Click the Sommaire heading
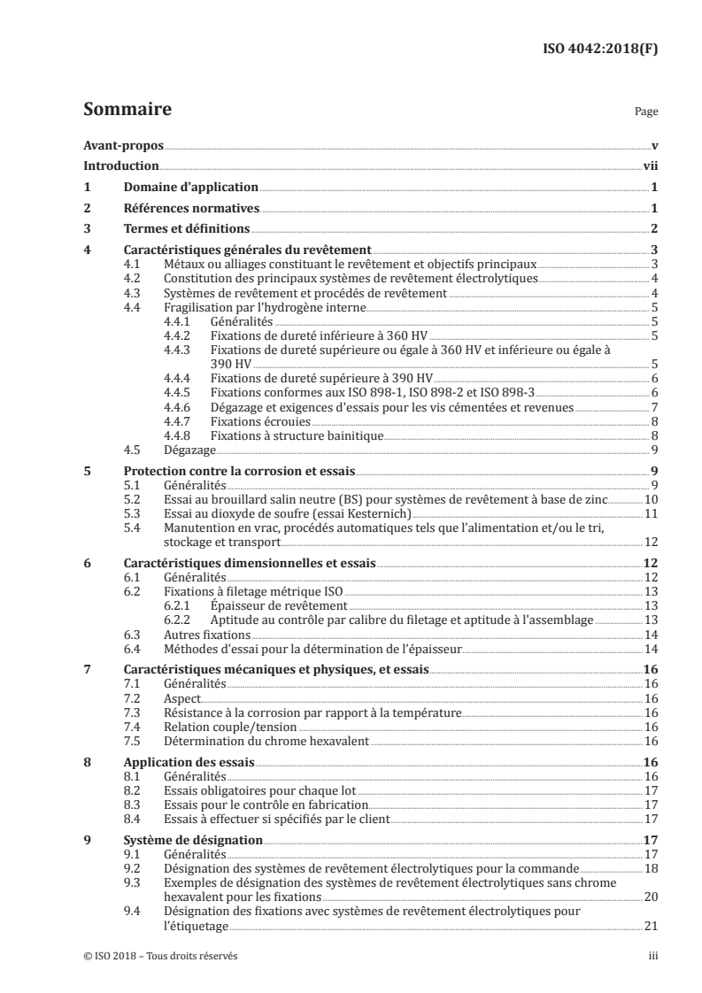127,111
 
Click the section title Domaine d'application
190,188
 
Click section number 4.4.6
180,407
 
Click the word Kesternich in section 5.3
375,513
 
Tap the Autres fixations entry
207,634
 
